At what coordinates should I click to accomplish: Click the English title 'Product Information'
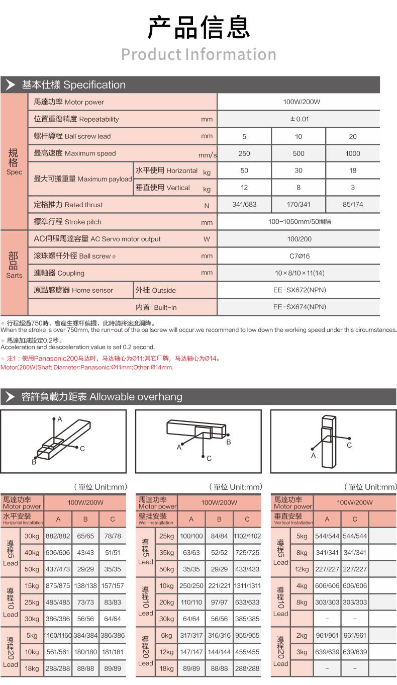pyautogui.click(x=199, y=54)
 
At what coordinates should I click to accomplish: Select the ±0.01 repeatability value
pyautogui.click(x=299, y=119)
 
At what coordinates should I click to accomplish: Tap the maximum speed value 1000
pyautogui.click(x=353, y=153)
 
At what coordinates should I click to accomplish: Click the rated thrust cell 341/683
pyautogui.click(x=244, y=205)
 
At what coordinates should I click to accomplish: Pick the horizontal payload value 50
pyautogui.click(x=244, y=170)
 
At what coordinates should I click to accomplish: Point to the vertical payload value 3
pyautogui.click(x=353, y=188)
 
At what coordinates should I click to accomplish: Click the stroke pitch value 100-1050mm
pyautogui.click(x=299, y=222)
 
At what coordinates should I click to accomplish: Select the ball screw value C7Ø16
pyautogui.click(x=299, y=256)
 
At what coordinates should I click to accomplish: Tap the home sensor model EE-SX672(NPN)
pyautogui.click(x=299, y=290)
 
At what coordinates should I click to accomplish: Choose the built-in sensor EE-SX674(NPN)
pyautogui.click(x=299, y=307)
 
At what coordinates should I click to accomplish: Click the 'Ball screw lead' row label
pyautogui.click(x=72, y=136)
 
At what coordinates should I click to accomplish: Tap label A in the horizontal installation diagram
pyautogui.click(x=59, y=419)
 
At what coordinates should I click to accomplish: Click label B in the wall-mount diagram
pyautogui.click(x=228, y=442)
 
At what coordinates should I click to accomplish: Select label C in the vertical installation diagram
pyautogui.click(x=349, y=445)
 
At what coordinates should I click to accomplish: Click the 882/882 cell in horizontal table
pyautogui.click(x=58, y=536)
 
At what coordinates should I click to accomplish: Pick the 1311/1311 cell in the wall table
pyautogui.click(x=247, y=586)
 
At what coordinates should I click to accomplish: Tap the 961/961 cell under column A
pyautogui.click(x=327, y=636)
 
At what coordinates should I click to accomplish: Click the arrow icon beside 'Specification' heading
pyautogui.click(x=10, y=84)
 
